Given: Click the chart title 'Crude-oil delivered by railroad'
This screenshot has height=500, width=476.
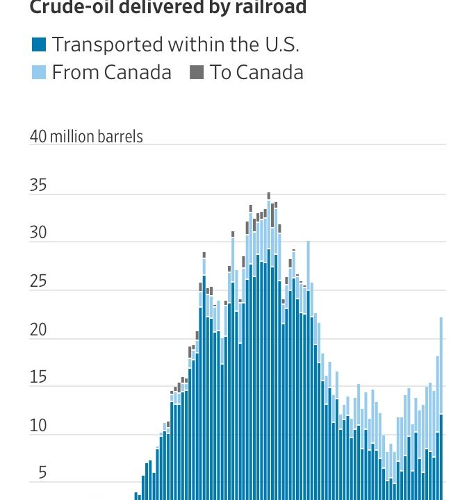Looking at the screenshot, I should coord(158,8).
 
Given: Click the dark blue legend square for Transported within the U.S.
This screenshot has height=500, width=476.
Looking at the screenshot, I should coord(39,46).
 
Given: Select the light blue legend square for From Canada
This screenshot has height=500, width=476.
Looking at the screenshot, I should coord(39,72).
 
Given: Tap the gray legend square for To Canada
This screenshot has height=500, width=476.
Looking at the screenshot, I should coord(197,72).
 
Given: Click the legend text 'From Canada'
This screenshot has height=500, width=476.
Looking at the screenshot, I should coord(111,72).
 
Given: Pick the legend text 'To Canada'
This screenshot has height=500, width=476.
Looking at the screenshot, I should coord(256,72).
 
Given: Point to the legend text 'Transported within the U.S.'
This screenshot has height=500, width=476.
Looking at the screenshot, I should coord(175,46).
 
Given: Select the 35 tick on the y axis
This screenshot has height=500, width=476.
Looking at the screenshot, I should coord(38,185).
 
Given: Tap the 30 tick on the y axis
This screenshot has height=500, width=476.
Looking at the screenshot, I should coord(38,233).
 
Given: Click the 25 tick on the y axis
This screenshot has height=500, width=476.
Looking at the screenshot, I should coord(38,282).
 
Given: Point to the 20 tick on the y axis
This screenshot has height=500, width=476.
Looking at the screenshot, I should coord(38,330).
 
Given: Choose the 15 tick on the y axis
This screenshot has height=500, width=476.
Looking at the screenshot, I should coord(38,378).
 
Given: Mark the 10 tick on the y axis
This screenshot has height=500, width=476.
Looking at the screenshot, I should coord(38,426).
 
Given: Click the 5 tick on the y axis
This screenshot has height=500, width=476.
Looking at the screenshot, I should coord(42,474).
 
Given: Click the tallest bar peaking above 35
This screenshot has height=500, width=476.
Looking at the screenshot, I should coord(269,347).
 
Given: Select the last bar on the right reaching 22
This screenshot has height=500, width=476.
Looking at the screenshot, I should coord(441,417).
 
